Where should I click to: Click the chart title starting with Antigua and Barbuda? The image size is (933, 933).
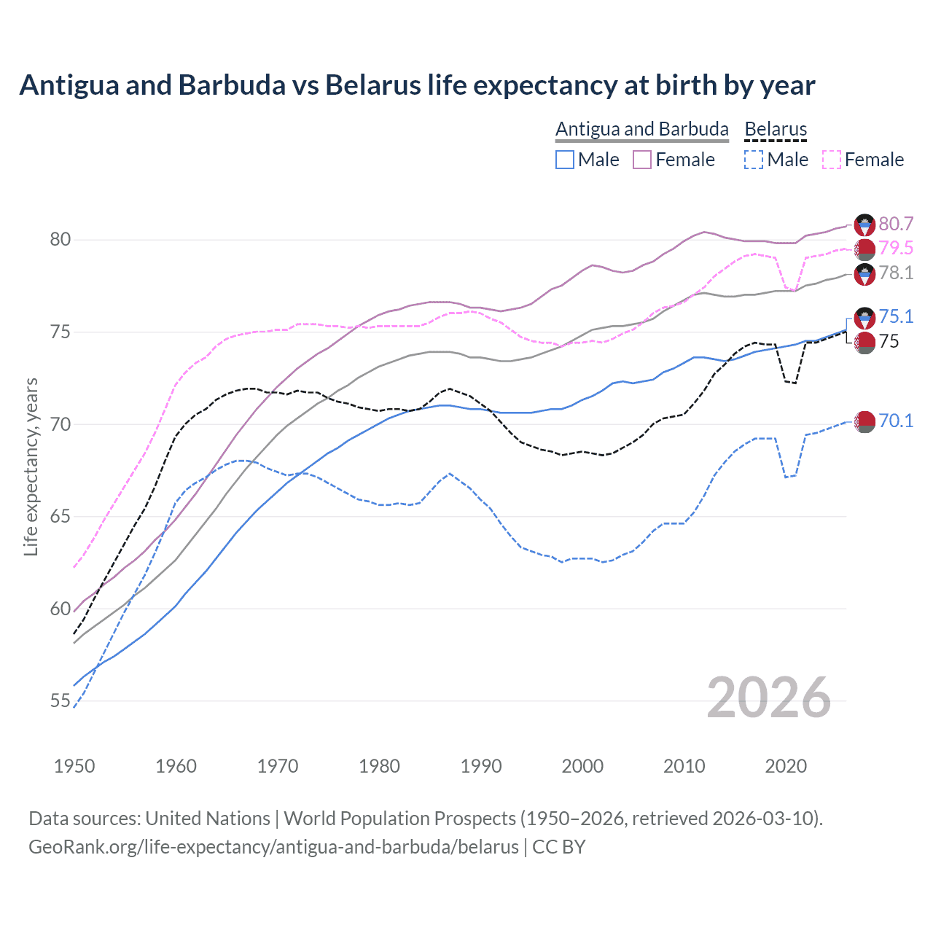pos(417,85)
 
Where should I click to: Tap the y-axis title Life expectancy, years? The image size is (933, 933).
pos(31,466)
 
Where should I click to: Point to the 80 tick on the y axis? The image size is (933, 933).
pos(60,240)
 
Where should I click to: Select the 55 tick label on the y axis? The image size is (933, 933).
pos(60,701)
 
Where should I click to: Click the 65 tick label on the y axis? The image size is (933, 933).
pos(60,517)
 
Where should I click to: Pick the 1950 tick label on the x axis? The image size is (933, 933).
pos(74,766)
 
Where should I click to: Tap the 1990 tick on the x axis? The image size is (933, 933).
pos(481,766)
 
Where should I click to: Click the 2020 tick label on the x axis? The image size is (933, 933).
pos(786,766)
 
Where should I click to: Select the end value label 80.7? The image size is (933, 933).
pos(896,225)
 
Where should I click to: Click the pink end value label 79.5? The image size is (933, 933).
pos(896,249)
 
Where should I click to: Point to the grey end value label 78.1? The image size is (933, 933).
pos(896,273)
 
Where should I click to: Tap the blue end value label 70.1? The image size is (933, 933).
pos(896,421)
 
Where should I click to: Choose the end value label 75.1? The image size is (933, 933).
pos(896,316)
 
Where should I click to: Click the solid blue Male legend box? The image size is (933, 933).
pos(565,160)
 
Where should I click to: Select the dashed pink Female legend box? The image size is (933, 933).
pos(832,160)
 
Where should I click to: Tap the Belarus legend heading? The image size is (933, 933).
pos(776,130)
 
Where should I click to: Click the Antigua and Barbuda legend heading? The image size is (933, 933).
pos(642,130)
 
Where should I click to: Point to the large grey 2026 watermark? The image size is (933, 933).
pos(769,698)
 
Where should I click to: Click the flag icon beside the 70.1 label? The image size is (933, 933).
pos(864,421)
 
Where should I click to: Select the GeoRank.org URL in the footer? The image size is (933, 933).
pos(273,847)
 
